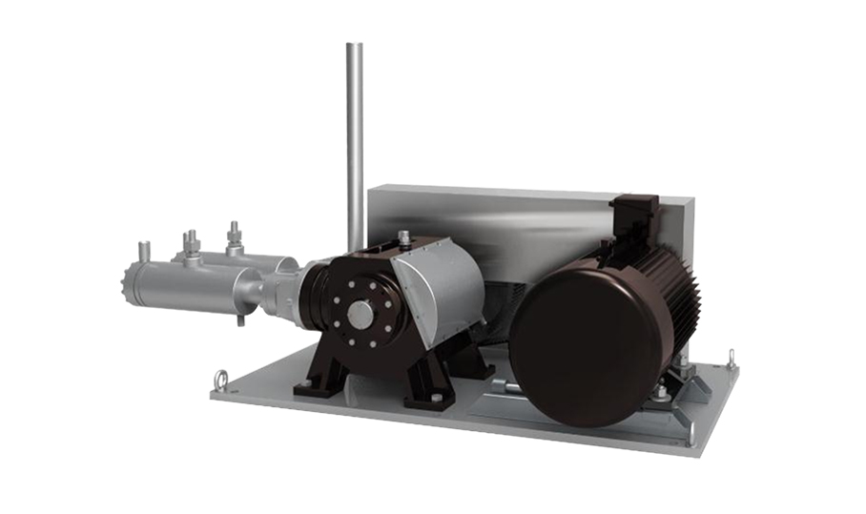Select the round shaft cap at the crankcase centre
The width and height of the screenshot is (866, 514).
pos(361,314)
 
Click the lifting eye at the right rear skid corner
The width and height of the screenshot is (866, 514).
pos(731,360)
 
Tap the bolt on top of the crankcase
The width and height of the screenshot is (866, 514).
pos(404,236)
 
